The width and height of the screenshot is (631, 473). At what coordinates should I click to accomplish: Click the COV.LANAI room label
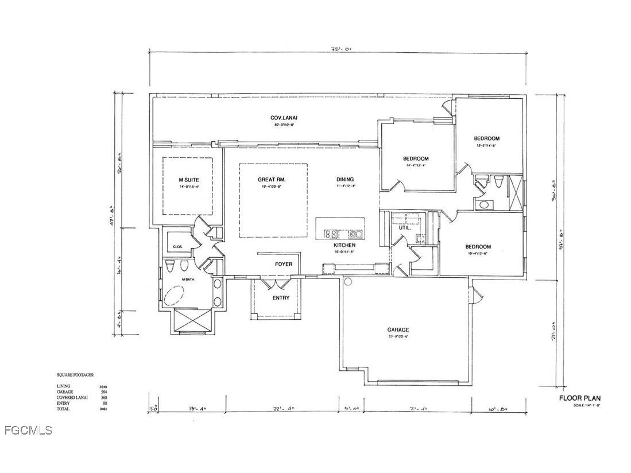(284, 118)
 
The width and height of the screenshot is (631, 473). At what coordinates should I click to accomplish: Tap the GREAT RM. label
(272, 180)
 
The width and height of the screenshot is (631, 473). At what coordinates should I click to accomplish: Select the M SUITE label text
(188, 180)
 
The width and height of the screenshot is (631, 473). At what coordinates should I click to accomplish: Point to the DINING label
(345, 180)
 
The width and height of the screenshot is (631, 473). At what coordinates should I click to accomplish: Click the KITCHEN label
(345, 245)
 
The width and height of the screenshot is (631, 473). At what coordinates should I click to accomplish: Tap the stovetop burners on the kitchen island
(331, 234)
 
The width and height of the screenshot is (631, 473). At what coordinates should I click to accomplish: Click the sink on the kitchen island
(355, 234)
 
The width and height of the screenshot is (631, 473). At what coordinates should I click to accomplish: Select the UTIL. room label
(404, 228)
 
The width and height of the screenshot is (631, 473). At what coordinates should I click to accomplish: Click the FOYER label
(283, 264)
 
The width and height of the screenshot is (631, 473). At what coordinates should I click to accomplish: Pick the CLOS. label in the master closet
(177, 247)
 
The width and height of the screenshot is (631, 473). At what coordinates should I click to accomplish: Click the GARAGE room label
(398, 329)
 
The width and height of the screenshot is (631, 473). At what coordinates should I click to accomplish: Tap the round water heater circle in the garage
(347, 282)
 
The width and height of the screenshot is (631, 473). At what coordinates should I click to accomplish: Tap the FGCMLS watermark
(27, 430)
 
